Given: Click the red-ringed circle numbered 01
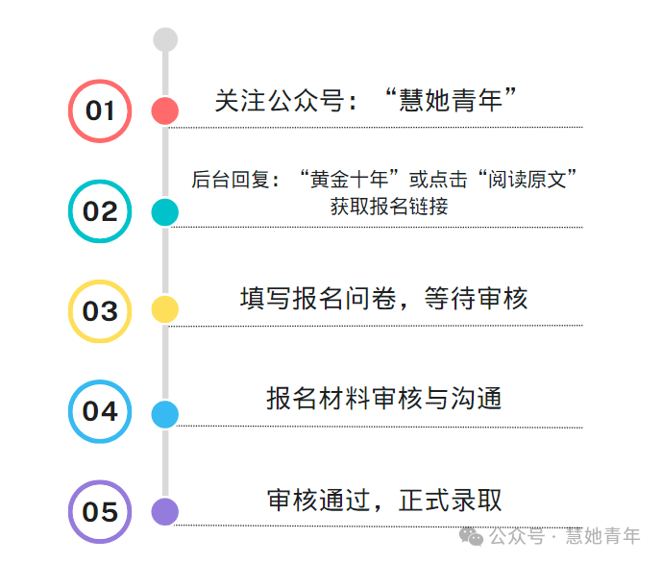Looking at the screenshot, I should click(x=100, y=110).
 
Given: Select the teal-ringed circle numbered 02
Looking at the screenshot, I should click(x=100, y=211).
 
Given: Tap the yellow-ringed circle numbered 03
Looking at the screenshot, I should click(x=100, y=311).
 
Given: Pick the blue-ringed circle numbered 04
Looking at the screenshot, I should click(x=100, y=411).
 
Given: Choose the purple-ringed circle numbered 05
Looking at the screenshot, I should click(x=100, y=512).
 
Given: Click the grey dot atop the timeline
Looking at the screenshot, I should click(x=166, y=39).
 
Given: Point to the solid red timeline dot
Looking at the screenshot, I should click(x=166, y=110).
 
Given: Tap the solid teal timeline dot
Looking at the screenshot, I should click(x=166, y=211).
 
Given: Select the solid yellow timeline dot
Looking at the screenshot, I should click(x=166, y=309).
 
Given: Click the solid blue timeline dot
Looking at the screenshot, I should click(x=166, y=414).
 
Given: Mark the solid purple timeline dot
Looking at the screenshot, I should click(x=166, y=512).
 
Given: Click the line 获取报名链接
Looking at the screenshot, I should click(x=389, y=206).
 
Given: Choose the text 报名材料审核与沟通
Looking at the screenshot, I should click(x=384, y=398).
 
